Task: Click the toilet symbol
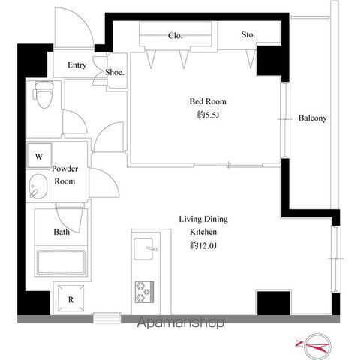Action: click(44, 94)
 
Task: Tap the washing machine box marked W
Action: click(39, 155)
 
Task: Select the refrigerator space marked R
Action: click(71, 298)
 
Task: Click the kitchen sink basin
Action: click(143, 249)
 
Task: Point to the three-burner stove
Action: click(144, 292)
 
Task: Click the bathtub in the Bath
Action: click(62, 262)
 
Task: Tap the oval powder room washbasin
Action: click(38, 186)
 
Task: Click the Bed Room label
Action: click(208, 101)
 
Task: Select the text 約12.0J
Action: click(203, 246)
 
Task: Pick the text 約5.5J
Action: click(208, 115)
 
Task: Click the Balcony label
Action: click(313, 118)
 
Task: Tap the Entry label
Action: click(77, 65)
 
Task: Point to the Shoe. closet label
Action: click(115, 72)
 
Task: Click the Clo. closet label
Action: click(175, 35)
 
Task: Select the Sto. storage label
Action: click(248, 34)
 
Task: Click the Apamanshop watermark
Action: click(180, 322)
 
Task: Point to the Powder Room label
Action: click(65, 175)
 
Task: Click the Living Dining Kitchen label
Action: click(203, 226)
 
